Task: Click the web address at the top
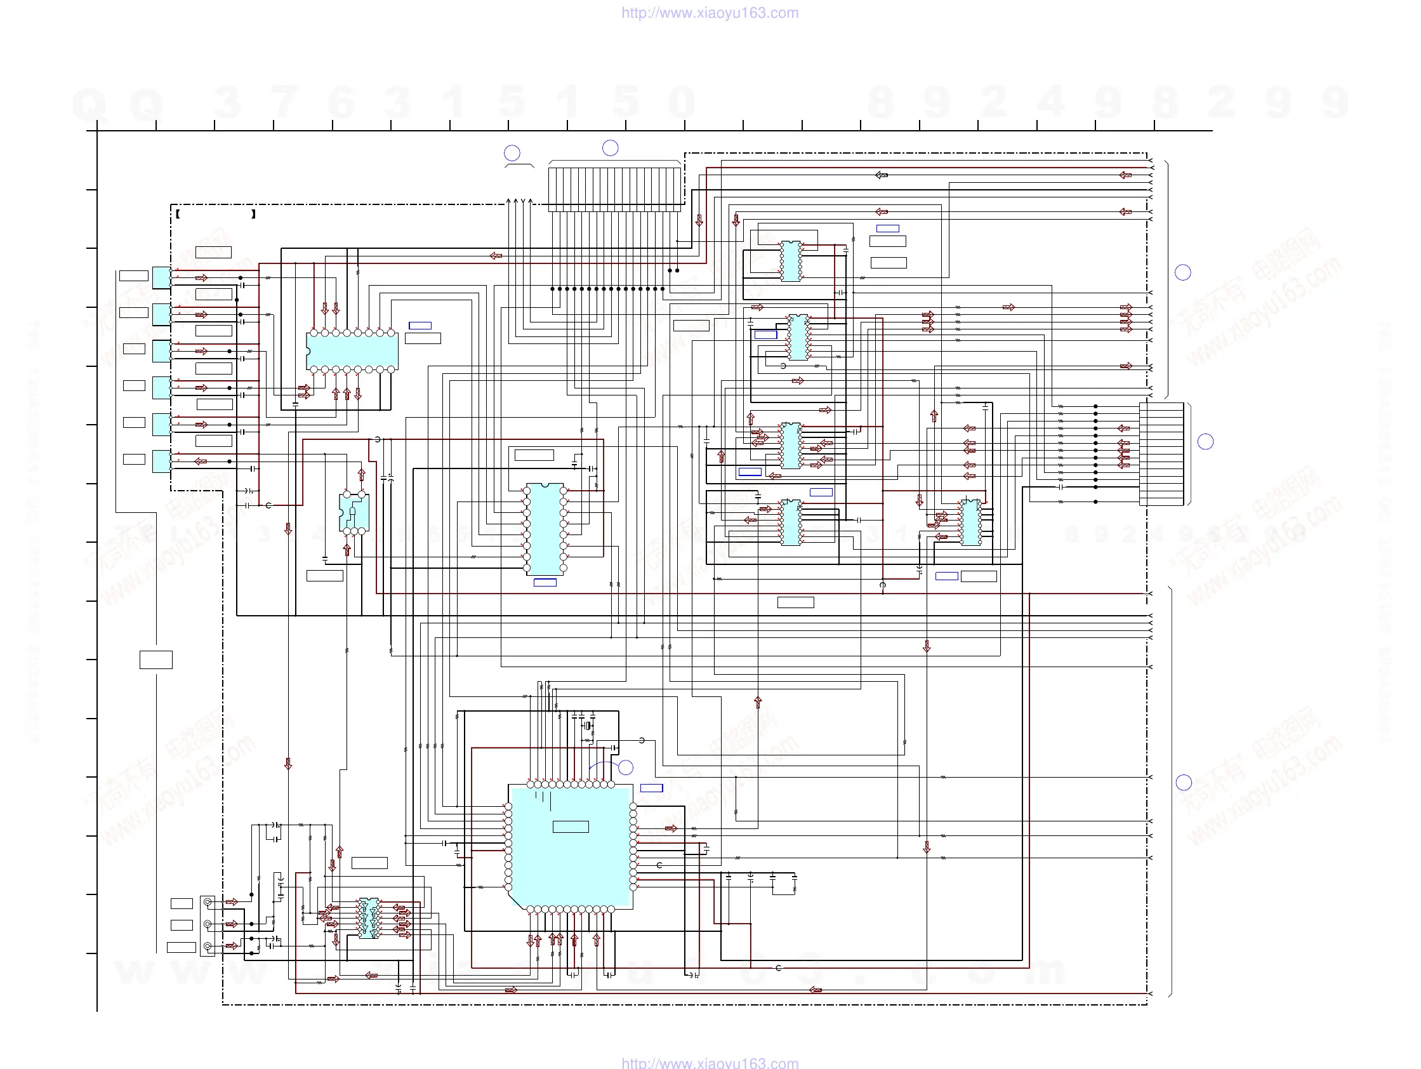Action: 710,13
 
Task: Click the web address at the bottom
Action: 710,1063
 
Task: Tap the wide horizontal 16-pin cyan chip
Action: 353,351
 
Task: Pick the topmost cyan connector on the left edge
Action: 161,277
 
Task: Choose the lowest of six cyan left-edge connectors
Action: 161,461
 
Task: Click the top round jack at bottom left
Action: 208,903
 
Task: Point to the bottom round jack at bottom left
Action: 208,946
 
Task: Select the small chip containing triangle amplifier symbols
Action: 369,918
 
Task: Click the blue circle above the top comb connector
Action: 611,148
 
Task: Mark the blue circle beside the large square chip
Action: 626,767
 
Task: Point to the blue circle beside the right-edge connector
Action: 1206,441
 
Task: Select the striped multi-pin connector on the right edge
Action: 1161,453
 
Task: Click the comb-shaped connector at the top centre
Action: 615,189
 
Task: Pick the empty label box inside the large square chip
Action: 571,827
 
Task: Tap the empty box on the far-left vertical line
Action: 156,660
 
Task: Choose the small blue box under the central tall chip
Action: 545,583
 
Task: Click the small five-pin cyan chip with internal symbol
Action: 354,513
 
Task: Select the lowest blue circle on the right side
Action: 1184,783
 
